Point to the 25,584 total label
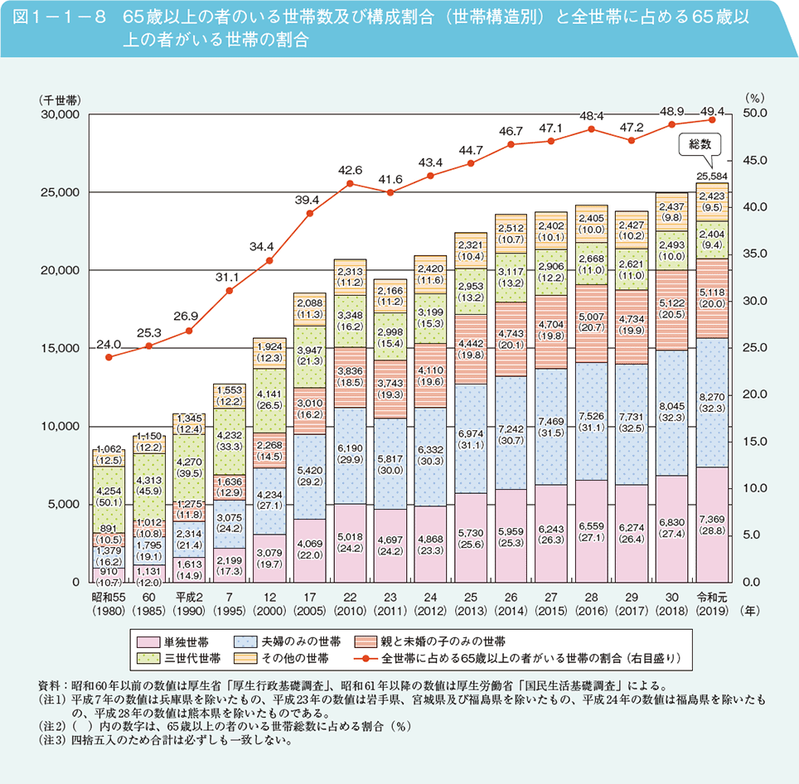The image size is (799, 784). coord(712,177)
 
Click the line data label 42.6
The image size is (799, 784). coord(350,170)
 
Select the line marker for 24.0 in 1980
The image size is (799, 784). coord(109,356)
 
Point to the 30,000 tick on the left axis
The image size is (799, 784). coord(59,114)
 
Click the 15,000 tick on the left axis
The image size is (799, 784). coord(59,348)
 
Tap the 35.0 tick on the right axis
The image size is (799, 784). coord(757,254)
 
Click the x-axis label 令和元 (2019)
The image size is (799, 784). coord(712,603)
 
